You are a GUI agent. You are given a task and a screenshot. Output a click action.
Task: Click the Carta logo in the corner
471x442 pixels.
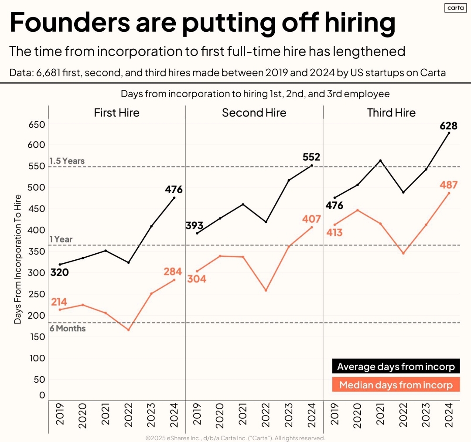[x=456, y=8]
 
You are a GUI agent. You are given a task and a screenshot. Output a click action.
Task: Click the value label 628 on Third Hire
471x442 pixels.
[x=448, y=126]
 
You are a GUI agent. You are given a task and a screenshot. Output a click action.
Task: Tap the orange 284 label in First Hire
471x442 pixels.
[x=173, y=272]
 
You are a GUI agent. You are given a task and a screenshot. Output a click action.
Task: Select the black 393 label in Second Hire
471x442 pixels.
[x=195, y=225]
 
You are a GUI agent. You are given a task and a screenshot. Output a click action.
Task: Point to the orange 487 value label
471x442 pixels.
[x=448, y=185]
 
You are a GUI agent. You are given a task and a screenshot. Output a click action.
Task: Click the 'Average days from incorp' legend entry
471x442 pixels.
[x=396, y=367]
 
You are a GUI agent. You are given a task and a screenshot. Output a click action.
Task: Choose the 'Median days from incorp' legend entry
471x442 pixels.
[x=396, y=385]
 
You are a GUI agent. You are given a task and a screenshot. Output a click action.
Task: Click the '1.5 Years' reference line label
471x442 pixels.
[x=67, y=161]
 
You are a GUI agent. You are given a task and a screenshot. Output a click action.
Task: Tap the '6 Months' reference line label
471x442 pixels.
[x=67, y=328]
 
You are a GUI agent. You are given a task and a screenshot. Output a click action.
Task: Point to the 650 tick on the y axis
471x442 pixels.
[x=37, y=125]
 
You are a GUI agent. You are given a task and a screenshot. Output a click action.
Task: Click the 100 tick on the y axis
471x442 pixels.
[x=37, y=358]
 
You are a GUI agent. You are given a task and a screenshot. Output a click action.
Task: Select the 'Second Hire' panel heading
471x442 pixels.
[x=254, y=113]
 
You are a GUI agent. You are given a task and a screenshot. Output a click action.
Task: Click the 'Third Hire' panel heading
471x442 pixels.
[x=391, y=113]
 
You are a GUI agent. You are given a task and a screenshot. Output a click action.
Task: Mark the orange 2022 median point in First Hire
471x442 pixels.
[x=128, y=330]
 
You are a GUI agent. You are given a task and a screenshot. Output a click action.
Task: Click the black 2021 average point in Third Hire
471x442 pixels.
[x=380, y=160]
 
